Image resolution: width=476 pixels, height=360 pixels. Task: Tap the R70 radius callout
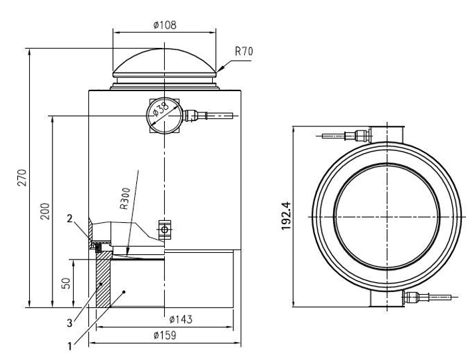point(245,51)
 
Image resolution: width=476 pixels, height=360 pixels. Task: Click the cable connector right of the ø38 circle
point(193,115)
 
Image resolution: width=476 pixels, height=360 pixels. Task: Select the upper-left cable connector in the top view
point(361,136)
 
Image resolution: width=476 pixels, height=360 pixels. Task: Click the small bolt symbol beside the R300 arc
point(164,231)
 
